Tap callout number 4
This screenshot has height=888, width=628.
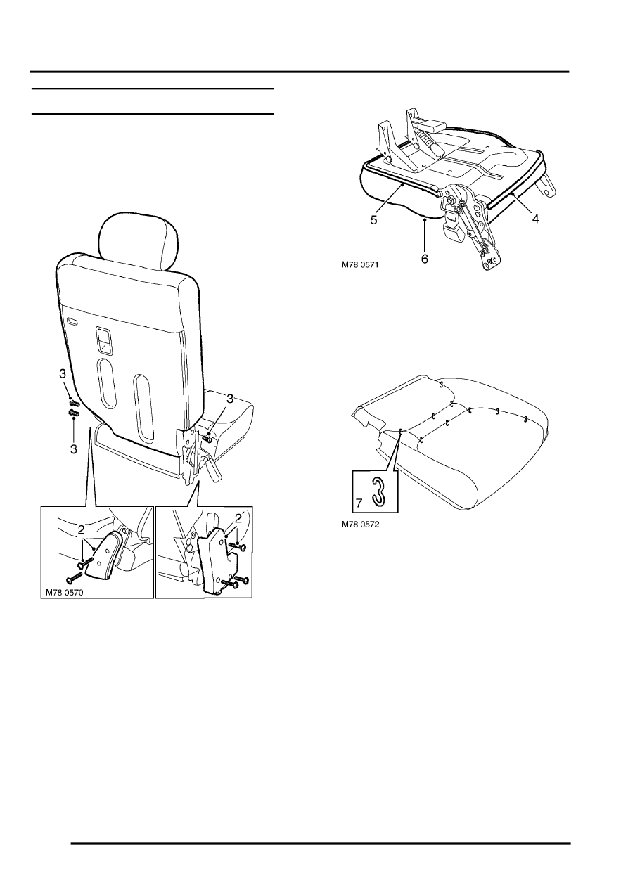point(535,219)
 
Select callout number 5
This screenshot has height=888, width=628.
point(373,220)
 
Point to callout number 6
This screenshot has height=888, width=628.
point(424,259)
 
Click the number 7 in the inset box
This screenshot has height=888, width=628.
point(359,503)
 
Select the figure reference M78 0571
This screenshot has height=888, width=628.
point(359,264)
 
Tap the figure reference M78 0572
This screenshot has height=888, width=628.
point(360,524)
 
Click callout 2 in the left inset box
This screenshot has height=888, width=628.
point(81,529)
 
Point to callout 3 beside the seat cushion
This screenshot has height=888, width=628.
point(230,399)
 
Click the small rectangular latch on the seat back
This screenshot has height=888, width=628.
point(104,340)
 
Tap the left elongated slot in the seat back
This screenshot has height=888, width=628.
point(107,384)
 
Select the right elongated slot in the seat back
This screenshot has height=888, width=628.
point(145,409)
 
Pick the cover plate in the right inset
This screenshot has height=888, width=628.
point(218,560)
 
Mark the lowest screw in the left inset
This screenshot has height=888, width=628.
point(75,578)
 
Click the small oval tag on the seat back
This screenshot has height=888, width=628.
point(72,321)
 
